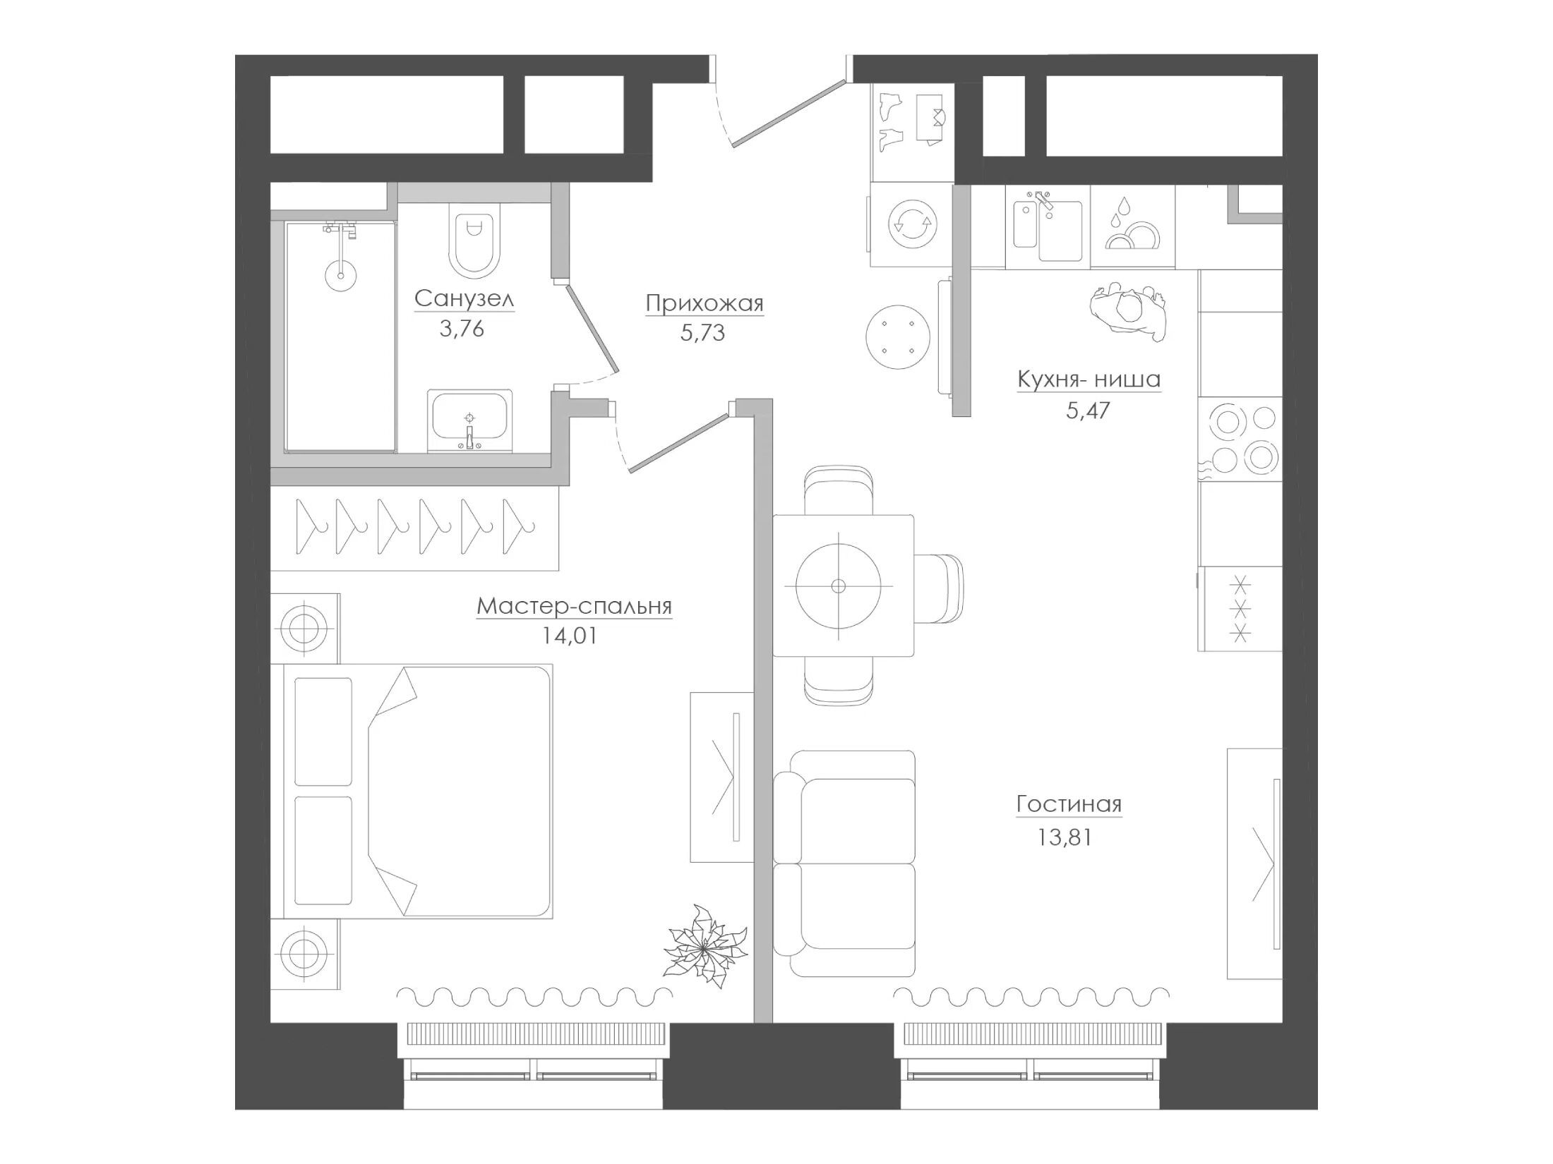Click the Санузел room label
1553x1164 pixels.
(464, 298)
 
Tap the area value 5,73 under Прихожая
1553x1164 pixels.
(702, 333)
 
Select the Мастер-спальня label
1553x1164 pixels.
(574, 606)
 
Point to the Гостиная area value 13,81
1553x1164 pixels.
(1065, 837)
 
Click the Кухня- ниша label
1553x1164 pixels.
(1089, 380)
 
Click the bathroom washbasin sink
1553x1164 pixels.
(469, 420)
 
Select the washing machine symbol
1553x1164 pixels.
(911, 225)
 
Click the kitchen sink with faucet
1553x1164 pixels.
(1048, 227)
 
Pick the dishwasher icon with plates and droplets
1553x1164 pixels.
(1132, 226)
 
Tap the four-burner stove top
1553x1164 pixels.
(1240, 439)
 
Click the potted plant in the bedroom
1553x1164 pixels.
(705, 950)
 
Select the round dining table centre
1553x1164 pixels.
(839, 586)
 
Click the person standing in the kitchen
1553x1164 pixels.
(1127, 311)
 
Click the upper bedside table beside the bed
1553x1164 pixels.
(304, 628)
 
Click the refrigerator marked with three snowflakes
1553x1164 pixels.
(1240, 609)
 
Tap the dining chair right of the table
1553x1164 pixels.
(939, 589)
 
